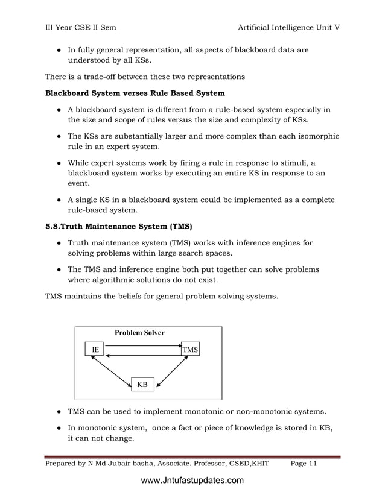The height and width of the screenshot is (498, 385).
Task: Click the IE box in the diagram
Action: click(x=94, y=350)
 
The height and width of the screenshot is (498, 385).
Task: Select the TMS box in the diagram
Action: click(x=190, y=350)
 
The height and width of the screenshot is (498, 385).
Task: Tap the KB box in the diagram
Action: click(x=142, y=383)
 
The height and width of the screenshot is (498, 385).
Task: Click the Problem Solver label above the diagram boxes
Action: click(x=139, y=333)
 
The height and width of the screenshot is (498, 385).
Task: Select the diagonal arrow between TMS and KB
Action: click(x=171, y=370)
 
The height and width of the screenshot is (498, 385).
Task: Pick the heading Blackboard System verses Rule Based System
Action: click(x=135, y=93)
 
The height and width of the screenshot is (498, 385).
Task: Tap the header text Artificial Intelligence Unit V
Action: click(x=289, y=28)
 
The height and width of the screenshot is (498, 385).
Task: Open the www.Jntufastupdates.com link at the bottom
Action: click(x=192, y=481)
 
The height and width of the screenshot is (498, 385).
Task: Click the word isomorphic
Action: click(x=315, y=136)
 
